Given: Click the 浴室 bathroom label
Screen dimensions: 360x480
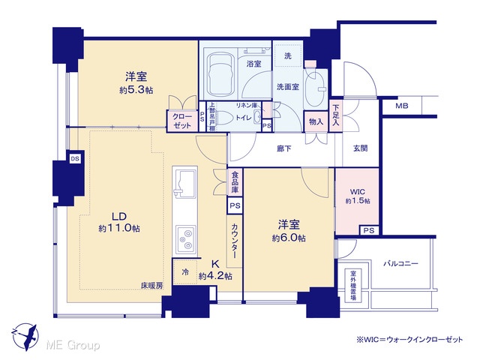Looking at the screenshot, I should coord(253,64).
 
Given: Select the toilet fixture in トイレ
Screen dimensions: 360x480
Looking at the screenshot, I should coord(256,118).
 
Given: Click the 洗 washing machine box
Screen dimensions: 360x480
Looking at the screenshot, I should coord(287,56).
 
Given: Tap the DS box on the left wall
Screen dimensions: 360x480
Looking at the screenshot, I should coord(75,159).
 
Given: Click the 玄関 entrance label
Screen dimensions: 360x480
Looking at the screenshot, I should coord(361,148).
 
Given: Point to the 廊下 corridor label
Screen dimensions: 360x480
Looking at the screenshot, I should coord(282,149).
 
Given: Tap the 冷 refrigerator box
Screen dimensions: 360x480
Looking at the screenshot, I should coord(185,273).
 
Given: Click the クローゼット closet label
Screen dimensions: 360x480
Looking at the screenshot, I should coord(182,121).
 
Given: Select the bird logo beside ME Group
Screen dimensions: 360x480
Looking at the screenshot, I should coord(23,334).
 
